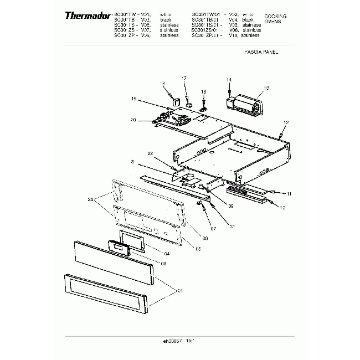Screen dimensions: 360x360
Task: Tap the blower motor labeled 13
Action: pyautogui.click(x=244, y=104)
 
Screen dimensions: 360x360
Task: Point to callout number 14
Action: pyautogui.click(x=228, y=80)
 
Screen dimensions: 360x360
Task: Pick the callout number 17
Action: pyautogui.click(x=184, y=78)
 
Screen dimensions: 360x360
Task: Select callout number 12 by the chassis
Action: pyautogui.click(x=286, y=122)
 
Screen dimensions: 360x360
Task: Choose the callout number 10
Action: pyautogui.click(x=282, y=208)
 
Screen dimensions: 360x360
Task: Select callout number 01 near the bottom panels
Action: pyautogui.click(x=180, y=290)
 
